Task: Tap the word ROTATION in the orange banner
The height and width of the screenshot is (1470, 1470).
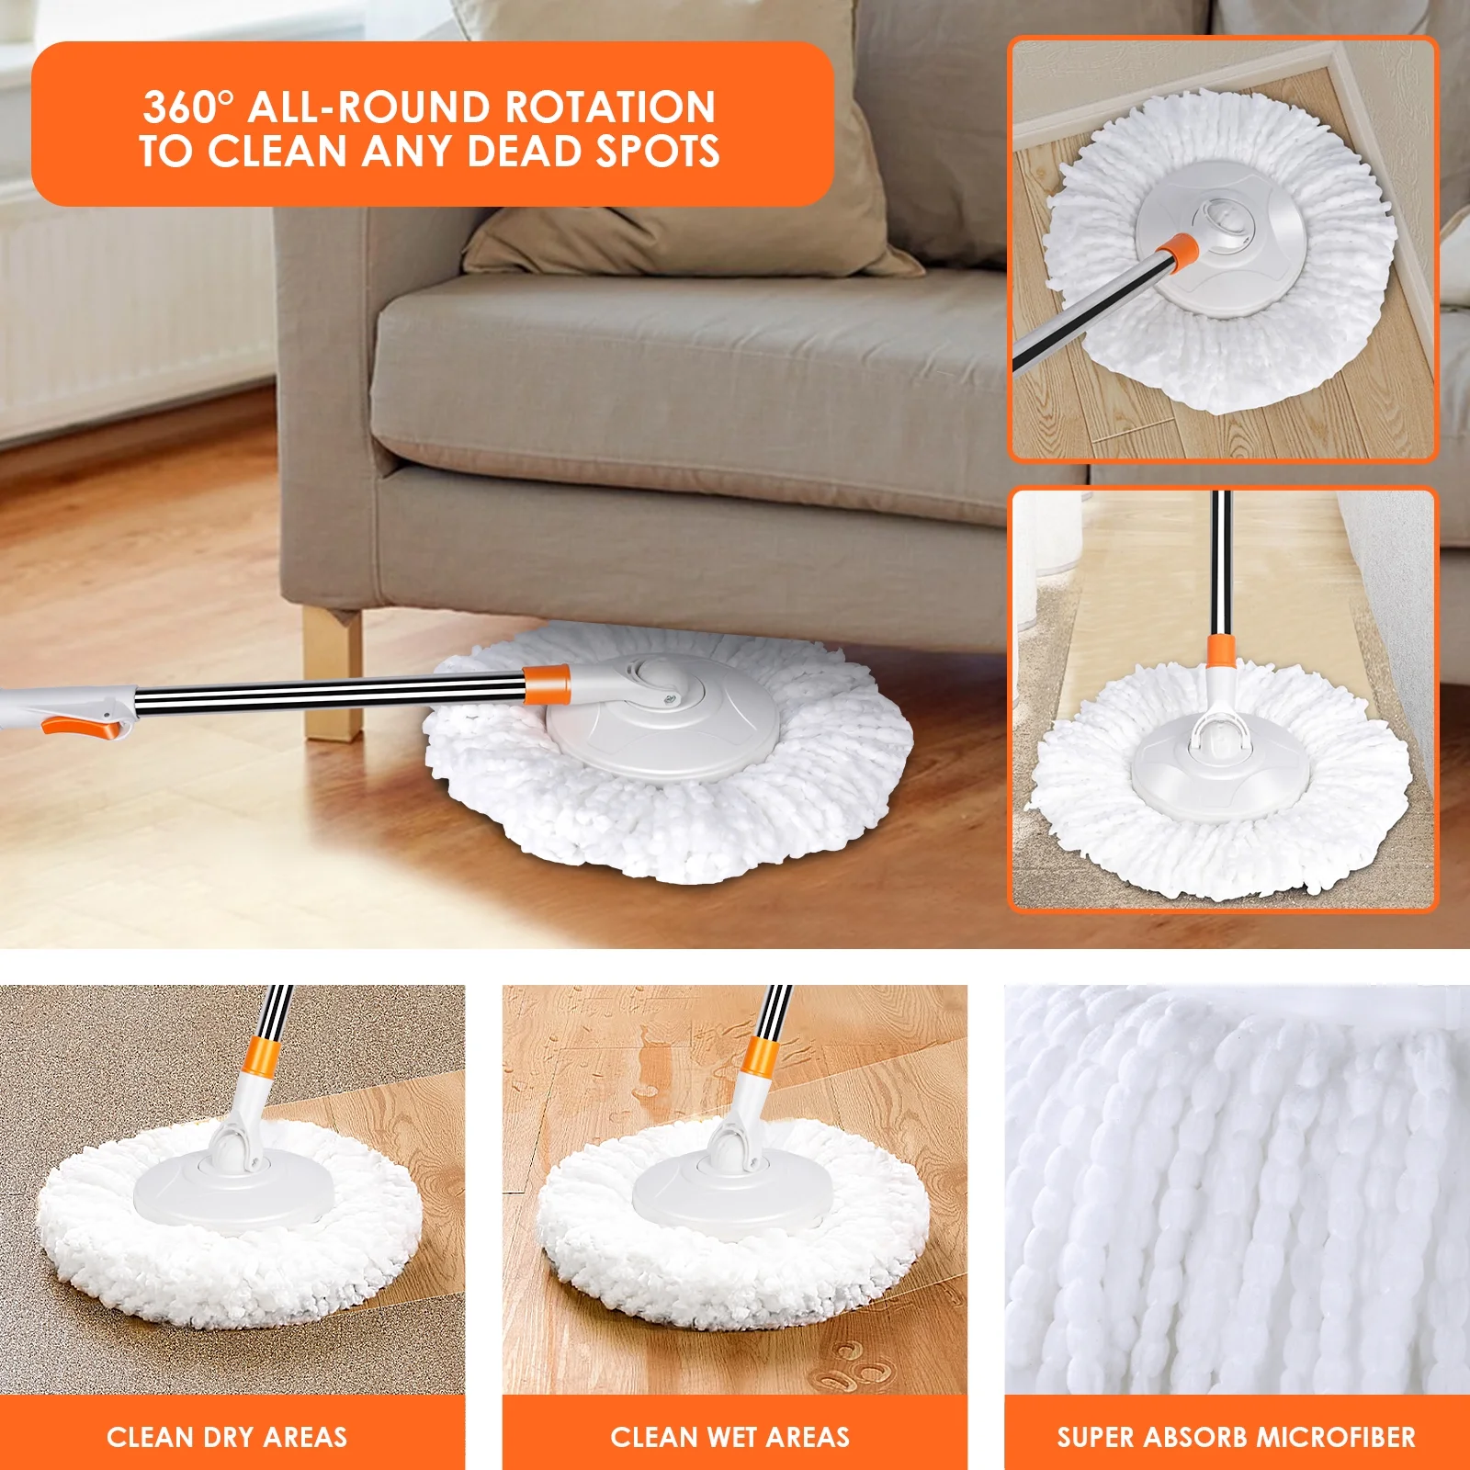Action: [x=609, y=107]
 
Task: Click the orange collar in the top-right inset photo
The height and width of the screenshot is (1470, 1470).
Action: [x=1177, y=250]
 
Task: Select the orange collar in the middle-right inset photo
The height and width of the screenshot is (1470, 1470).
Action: [x=1220, y=650]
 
